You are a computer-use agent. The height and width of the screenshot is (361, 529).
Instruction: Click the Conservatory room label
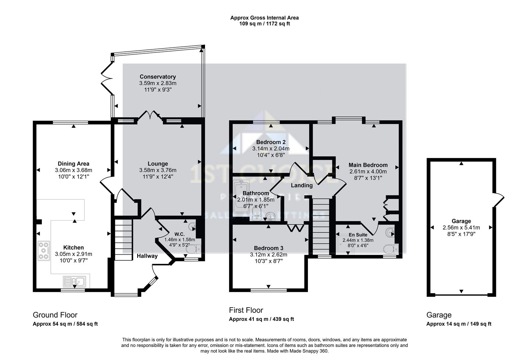click(158, 77)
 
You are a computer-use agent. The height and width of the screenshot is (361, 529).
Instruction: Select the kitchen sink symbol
click(74, 281)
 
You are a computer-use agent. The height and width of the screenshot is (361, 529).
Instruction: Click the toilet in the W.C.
click(194, 249)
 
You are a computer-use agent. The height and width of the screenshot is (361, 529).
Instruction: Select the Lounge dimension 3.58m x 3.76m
click(158, 170)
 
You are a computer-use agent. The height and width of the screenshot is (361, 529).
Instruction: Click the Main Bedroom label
click(368, 165)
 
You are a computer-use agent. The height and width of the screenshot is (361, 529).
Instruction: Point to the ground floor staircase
click(123, 239)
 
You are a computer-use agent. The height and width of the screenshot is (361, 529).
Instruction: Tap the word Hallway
click(147, 256)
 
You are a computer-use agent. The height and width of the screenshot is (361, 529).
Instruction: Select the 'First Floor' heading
click(246, 310)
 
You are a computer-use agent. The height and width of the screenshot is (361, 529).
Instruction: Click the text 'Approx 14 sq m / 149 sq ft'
click(459, 324)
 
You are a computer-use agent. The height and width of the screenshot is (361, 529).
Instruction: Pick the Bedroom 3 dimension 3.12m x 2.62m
click(269, 254)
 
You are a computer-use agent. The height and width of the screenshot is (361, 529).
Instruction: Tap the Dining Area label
click(73, 164)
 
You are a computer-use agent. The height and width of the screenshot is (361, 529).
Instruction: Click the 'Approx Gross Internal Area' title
click(264, 18)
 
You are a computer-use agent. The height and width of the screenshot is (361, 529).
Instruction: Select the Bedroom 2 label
click(271, 142)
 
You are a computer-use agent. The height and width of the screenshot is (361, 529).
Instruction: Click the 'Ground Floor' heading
click(55, 315)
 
